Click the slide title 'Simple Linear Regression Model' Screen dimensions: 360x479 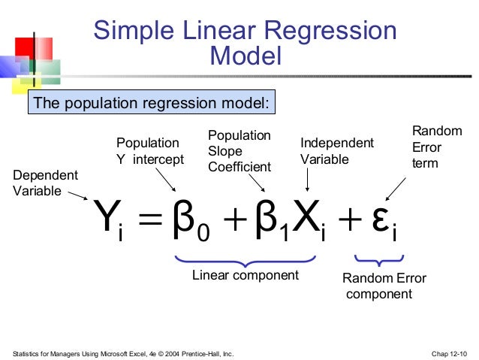pyautogui.click(x=245, y=43)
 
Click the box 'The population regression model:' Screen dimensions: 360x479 pyautogui.click(x=152, y=102)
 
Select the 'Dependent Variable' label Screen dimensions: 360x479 pyautogui.click(x=45, y=183)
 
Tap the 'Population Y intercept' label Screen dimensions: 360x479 pyautogui.click(x=149, y=150)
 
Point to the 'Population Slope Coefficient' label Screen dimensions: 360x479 pyautogui.click(x=239, y=150)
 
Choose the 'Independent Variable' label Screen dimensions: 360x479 pyautogui.click(x=336, y=150)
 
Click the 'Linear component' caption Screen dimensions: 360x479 pyautogui.click(x=245, y=275)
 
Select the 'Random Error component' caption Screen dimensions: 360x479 pyautogui.click(x=384, y=286)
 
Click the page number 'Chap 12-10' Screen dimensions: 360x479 pyautogui.click(x=450, y=352)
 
